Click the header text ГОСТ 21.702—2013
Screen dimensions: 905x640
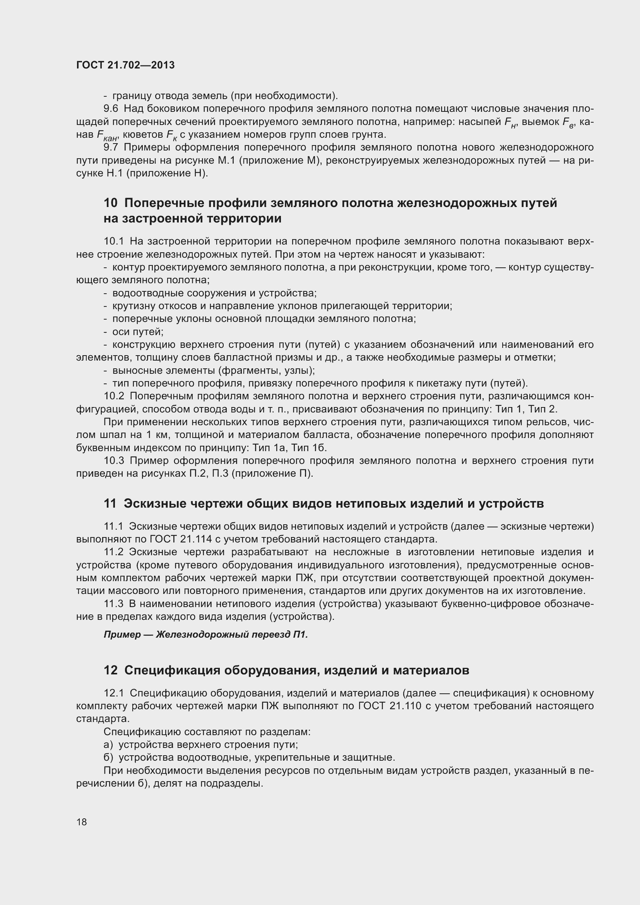[125, 65]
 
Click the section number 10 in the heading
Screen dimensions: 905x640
[110, 203]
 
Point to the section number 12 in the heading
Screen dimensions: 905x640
[110, 670]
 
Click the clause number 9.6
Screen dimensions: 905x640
[111, 109]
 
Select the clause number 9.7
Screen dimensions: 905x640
[111, 147]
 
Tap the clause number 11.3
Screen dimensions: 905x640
[113, 604]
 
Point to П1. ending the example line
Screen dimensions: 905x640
[300, 635]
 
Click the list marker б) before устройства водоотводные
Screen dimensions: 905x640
[108, 758]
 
